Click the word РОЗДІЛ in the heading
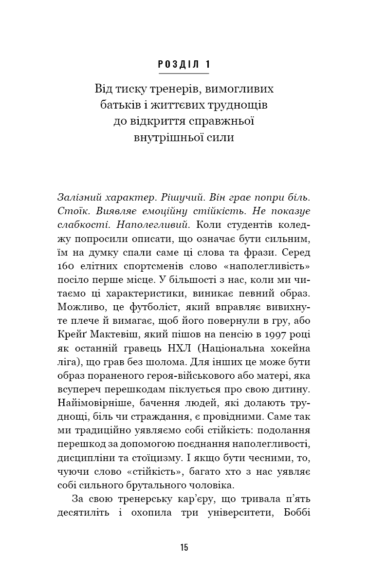pos(177,64)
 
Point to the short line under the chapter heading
pos(184,74)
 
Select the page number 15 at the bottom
pos(184,547)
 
